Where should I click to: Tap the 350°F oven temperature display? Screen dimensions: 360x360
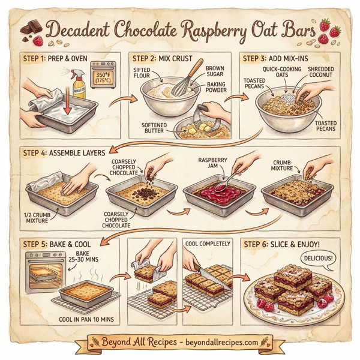point(103,77)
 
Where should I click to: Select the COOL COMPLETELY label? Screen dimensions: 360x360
point(208,244)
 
